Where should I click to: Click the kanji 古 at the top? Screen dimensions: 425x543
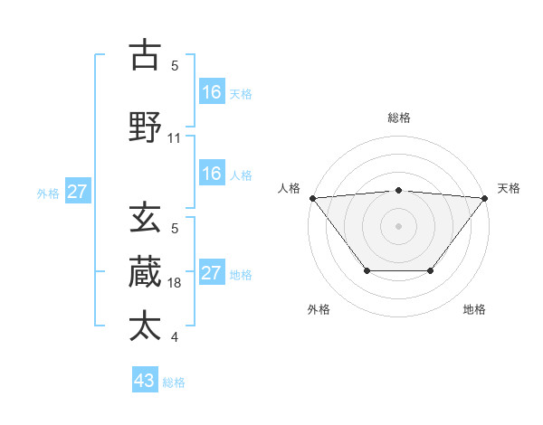click(x=145, y=55)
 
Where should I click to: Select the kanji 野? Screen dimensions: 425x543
click(x=145, y=127)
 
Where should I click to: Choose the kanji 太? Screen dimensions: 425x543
click(x=145, y=326)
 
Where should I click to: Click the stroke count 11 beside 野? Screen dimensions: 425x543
click(x=175, y=138)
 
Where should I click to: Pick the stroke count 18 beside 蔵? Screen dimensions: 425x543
click(x=175, y=283)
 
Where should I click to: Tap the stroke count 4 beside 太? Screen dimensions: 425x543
click(x=175, y=337)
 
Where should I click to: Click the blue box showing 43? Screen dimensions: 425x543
click(x=145, y=381)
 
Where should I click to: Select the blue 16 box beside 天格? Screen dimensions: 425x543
click(x=212, y=91)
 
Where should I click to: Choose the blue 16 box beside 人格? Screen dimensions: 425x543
click(x=212, y=174)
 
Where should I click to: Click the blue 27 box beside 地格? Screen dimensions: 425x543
click(x=212, y=273)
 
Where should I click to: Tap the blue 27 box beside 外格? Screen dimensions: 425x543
click(x=78, y=192)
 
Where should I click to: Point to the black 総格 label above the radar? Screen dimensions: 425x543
click(x=398, y=118)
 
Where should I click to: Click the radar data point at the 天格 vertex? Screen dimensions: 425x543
click(x=484, y=197)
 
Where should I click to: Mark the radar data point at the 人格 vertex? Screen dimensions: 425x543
click(x=312, y=197)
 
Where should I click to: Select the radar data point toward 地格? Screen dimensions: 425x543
click(x=431, y=270)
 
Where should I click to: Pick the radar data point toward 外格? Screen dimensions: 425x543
click(x=367, y=270)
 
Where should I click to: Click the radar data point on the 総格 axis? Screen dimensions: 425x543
click(x=398, y=190)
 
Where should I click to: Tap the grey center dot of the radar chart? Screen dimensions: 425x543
click(x=398, y=225)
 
